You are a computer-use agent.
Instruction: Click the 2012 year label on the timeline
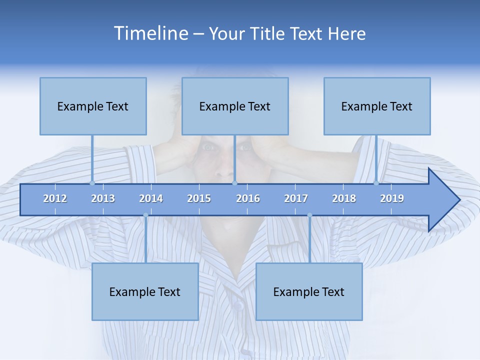coord(55,198)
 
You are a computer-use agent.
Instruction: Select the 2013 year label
coord(103,198)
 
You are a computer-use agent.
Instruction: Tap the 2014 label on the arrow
coord(151,198)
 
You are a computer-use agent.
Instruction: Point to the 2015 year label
coord(199,198)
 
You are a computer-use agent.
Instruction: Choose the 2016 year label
coord(248,198)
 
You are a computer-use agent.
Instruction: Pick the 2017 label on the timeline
coord(296,198)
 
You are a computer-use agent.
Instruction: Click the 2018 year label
coord(344,198)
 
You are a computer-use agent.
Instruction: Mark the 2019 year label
coord(392,198)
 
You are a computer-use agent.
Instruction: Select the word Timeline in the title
coord(150,33)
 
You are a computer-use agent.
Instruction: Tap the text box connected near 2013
coord(93,106)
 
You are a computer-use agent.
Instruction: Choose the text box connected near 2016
coord(235,106)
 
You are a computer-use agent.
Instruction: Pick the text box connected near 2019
coord(377,106)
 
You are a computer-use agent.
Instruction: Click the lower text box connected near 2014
coord(145,291)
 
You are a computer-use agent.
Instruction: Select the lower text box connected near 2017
coord(309,291)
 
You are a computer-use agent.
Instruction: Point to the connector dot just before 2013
coord(92,183)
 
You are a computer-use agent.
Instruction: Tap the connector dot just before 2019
coord(376,183)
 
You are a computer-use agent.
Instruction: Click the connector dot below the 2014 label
coord(145,215)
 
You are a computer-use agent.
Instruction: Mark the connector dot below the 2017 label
coord(309,215)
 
